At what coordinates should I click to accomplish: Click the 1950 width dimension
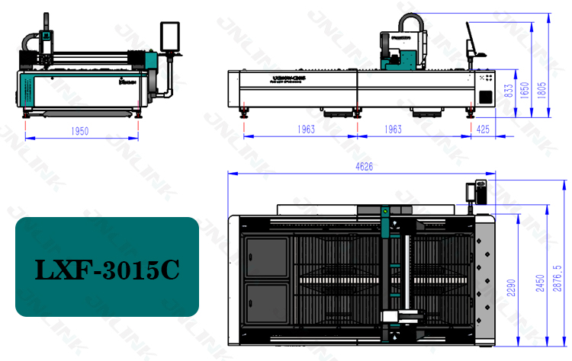[80, 131]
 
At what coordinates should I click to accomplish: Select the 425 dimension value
[483, 130]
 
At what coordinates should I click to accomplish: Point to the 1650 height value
[525, 89]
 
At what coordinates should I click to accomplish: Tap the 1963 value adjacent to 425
[393, 130]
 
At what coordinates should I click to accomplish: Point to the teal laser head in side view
[403, 53]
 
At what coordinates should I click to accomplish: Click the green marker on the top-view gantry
[385, 211]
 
